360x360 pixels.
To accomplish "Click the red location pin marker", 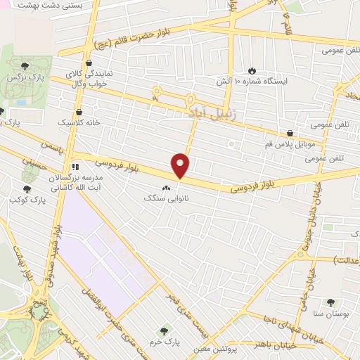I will (x=181, y=165).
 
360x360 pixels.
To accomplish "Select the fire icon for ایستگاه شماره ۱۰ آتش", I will (x=252, y=71).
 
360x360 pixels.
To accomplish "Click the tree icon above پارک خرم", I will (x=164, y=330).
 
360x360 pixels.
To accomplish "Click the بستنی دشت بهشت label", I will (x=52, y=5).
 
